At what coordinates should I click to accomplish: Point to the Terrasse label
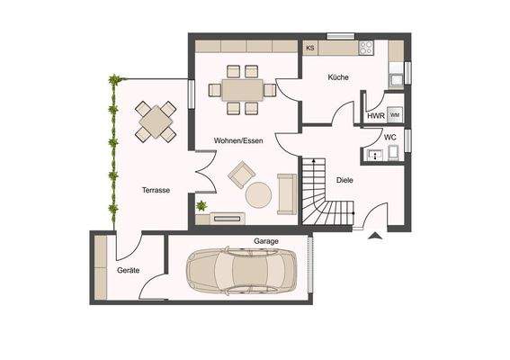156,190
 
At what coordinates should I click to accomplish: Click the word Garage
265,241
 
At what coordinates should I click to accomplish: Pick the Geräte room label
129,270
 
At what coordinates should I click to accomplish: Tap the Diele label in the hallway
344,179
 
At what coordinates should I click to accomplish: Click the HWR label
376,116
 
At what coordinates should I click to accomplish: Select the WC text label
389,137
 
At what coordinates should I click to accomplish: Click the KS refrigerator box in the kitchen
310,48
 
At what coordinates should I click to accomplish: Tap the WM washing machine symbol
395,116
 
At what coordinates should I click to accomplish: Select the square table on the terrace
156,121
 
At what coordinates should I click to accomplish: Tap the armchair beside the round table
241,173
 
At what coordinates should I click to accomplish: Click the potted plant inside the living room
201,207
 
